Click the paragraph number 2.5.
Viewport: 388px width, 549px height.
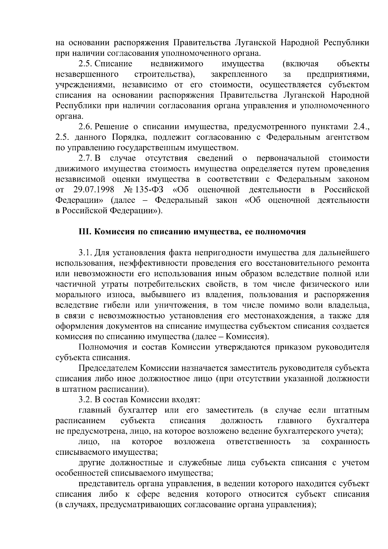tap(85, 64)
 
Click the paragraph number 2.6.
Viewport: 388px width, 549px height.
tap(85, 127)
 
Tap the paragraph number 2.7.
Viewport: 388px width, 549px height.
tap(85, 158)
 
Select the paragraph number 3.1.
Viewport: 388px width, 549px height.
tap(85, 253)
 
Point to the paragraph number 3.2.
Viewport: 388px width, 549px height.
tap(85, 400)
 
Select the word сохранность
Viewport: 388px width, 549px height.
tap(345, 442)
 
